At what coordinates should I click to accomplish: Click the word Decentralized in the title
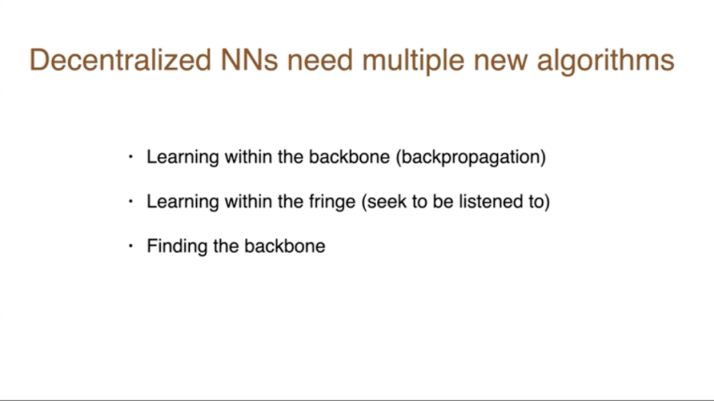tap(121, 60)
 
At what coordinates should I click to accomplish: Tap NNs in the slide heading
tap(249, 60)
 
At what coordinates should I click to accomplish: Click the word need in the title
tap(320, 60)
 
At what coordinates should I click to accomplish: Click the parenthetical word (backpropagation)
tap(471, 157)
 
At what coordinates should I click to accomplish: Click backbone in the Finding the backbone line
tap(284, 246)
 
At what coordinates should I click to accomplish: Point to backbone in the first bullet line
tap(349, 157)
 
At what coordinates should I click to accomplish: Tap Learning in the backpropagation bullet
tap(182, 157)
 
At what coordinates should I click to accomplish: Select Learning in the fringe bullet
tap(182, 202)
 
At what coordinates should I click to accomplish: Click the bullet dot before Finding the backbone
tap(131, 246)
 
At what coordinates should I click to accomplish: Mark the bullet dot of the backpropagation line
tap(131, 157)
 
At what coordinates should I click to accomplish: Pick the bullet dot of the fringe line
tap(131, 201)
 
